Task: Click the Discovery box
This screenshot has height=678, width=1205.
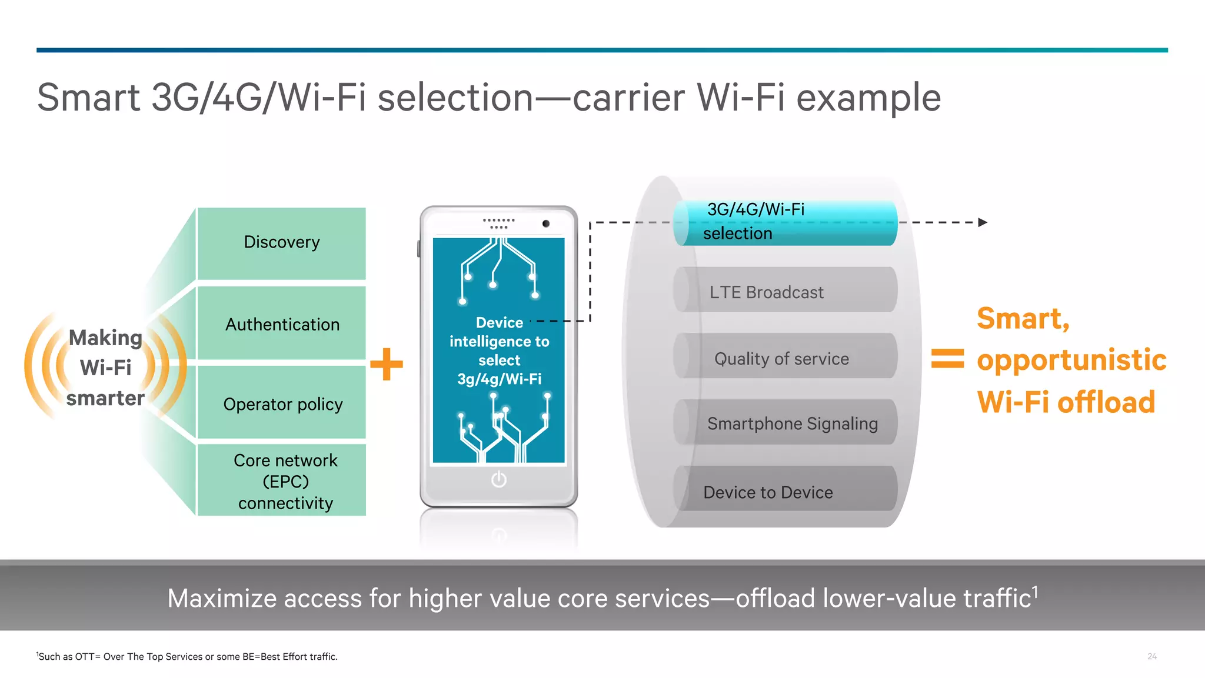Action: (x=281, y=243)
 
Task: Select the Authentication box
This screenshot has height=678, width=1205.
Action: (x=281, y=324)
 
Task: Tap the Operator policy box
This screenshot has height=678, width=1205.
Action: (x=281, y=403)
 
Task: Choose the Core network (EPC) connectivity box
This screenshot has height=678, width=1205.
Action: (x=281, y=480)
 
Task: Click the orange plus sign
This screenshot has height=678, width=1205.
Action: (x=387, y=364)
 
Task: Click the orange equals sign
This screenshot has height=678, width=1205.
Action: (x=947, y=359)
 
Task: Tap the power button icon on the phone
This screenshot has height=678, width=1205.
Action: (x=498, y=480)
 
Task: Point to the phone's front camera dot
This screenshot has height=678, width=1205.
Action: (x=546, y=223)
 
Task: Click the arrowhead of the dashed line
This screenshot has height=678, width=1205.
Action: (x=982, y=222)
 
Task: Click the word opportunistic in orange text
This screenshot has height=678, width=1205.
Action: (x=1071, y=360)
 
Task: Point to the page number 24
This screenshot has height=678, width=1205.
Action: (x=1151, y=656)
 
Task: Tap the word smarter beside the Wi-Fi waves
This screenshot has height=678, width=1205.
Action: (x=105, y=398)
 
